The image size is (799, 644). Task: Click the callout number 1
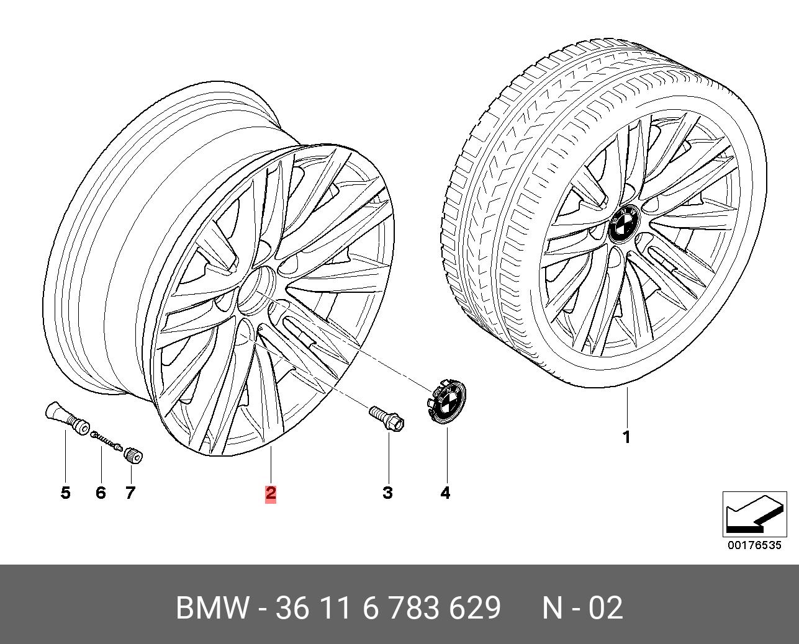(627, 437)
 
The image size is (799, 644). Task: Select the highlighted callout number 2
(271, 493)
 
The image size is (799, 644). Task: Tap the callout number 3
(387, 493)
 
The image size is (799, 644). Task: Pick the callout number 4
(445, 493)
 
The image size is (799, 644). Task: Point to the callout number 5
(65, 493)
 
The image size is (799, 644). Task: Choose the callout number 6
(101, 493)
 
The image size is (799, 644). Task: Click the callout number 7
(130, 493)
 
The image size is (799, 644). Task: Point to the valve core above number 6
(107, 441)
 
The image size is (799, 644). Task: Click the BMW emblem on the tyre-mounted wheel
(623, 223)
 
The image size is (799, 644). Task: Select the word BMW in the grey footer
(212, 608)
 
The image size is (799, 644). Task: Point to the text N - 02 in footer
(582, 608)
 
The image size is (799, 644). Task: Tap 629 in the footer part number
(476, 608)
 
